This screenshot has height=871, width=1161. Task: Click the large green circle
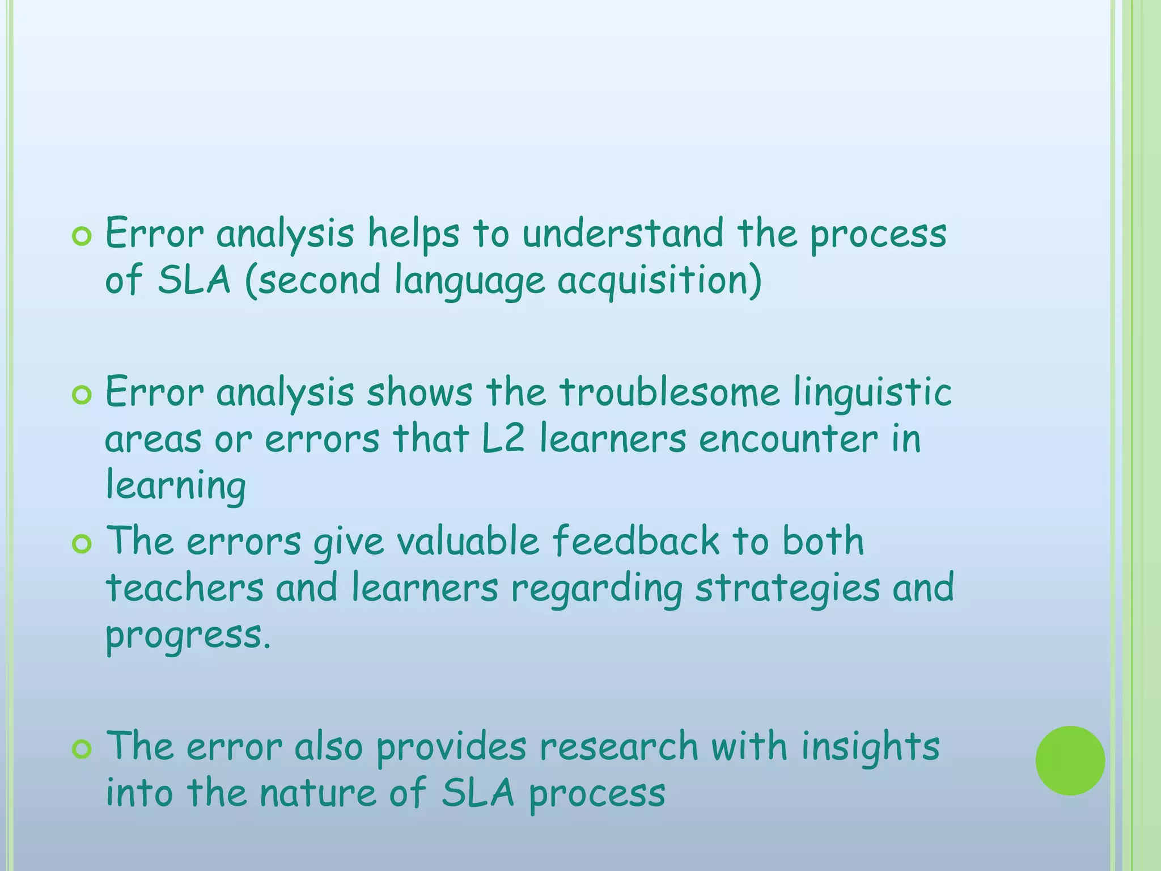tap(1070, 760)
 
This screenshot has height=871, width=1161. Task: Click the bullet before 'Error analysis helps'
tap(82, 236)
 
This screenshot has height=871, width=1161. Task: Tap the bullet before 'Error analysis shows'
tap(82, 395)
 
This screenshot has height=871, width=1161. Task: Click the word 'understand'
tap(622, 234)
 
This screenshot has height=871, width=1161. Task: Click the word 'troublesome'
tap(670, 392)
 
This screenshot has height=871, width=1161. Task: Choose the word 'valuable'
tap(468, 541)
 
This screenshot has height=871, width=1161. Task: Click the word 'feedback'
tap(635, 541)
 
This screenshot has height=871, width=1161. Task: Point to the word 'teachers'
tap(185, 587)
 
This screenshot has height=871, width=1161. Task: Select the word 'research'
tap(618, 746)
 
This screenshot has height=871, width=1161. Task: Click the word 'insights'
tap(870, 747)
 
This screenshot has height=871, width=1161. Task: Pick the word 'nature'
tap(318, 793)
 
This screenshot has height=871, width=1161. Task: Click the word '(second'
tap(312, 281)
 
